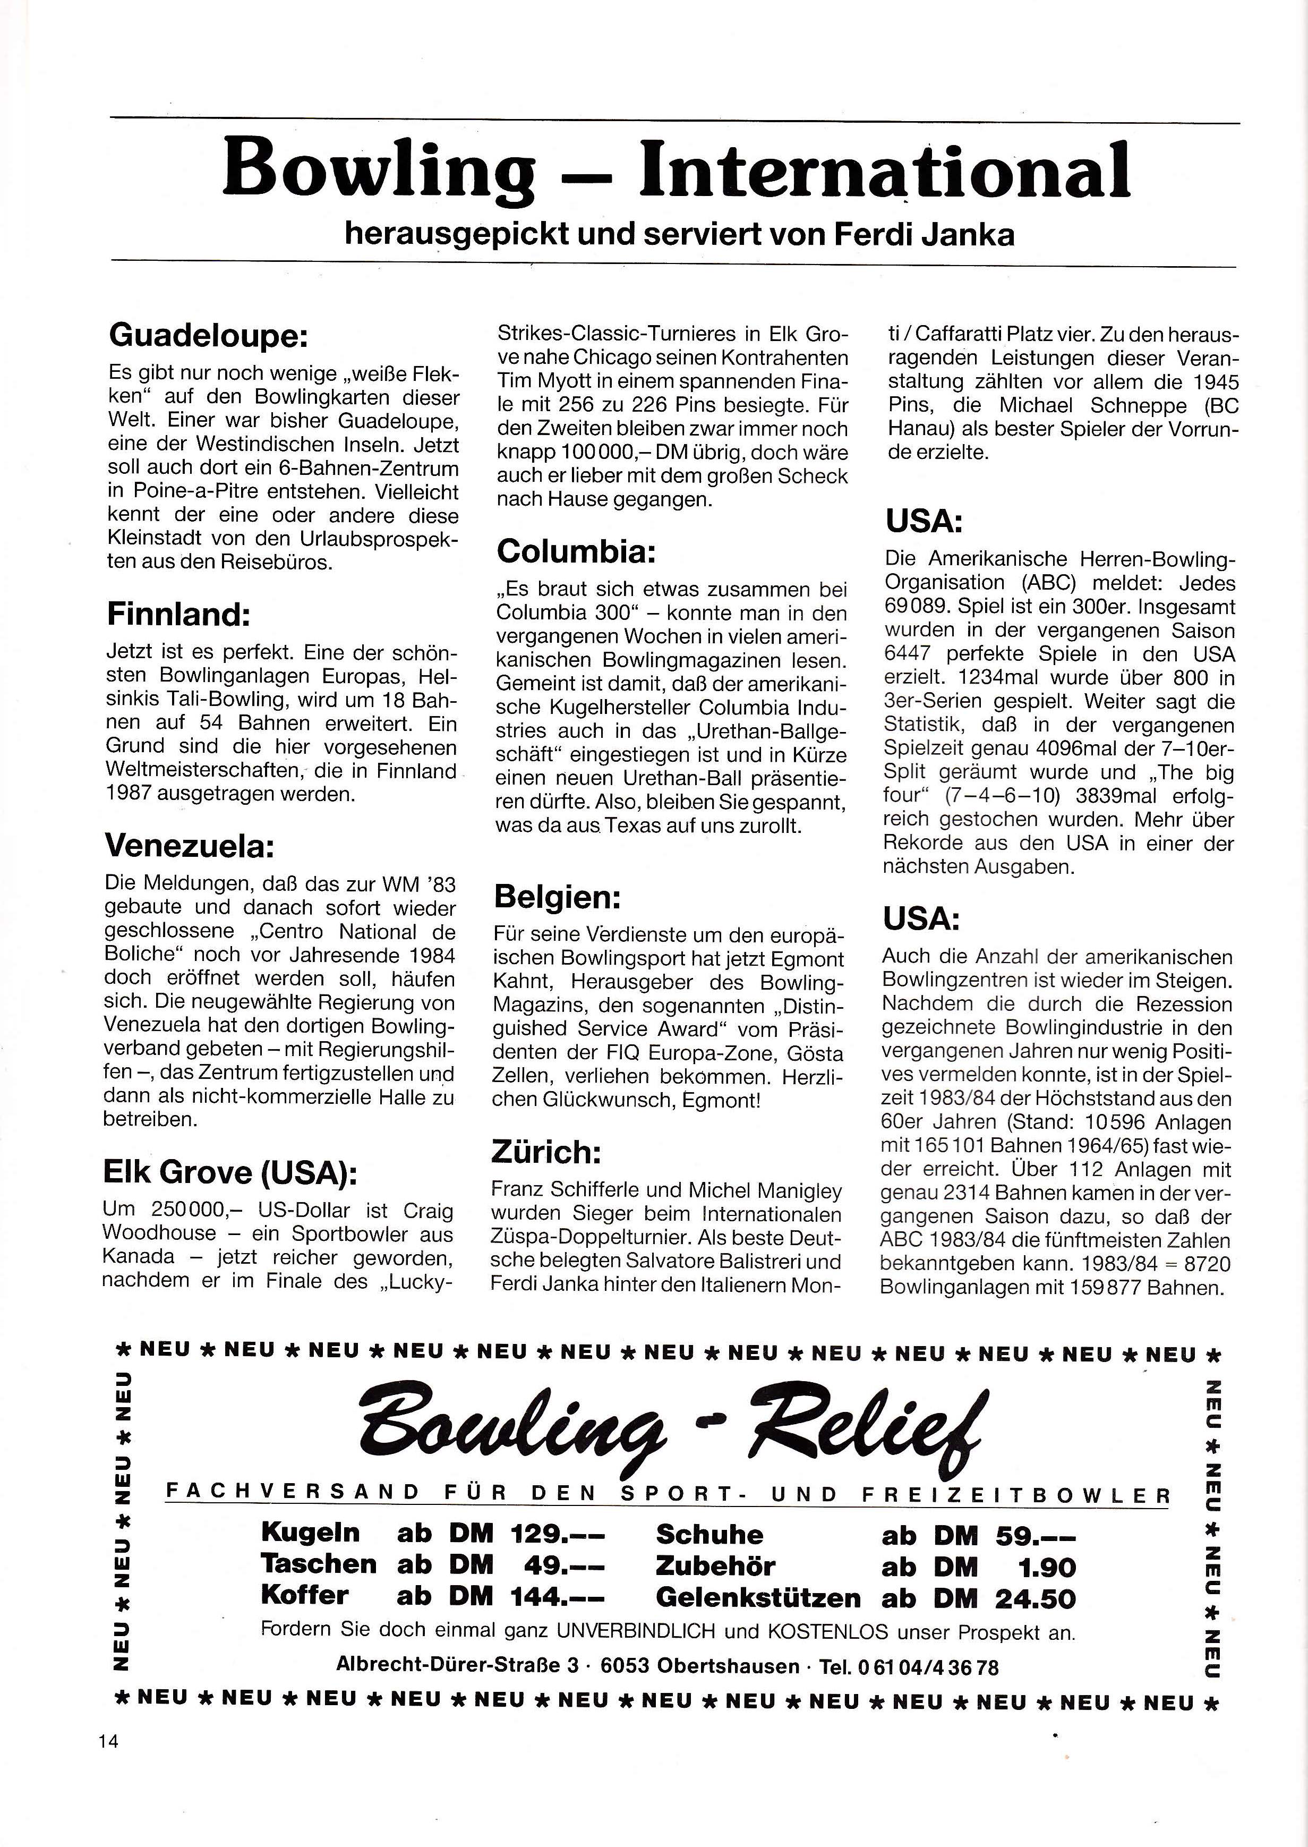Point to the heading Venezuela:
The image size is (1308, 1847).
[190, 847]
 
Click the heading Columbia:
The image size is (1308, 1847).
[577, 552]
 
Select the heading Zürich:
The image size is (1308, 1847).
[545, 1153]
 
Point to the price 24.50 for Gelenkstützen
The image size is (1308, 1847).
[1036, 1598]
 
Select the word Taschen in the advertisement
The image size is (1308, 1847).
[319, 1565]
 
